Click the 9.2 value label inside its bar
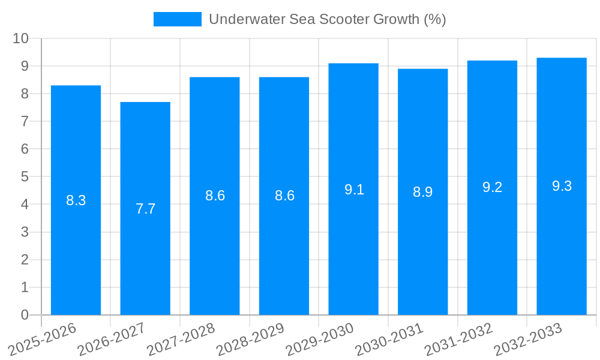[492, 187]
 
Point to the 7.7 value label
[145, 209]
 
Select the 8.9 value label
[422, 193]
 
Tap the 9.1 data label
[354, 190]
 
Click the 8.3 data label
[76, 201]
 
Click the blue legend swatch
[177, 19]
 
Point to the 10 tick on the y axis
[20, 38]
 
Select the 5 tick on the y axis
[25, 177]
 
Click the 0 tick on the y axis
[25, 315]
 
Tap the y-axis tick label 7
[25, 121]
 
